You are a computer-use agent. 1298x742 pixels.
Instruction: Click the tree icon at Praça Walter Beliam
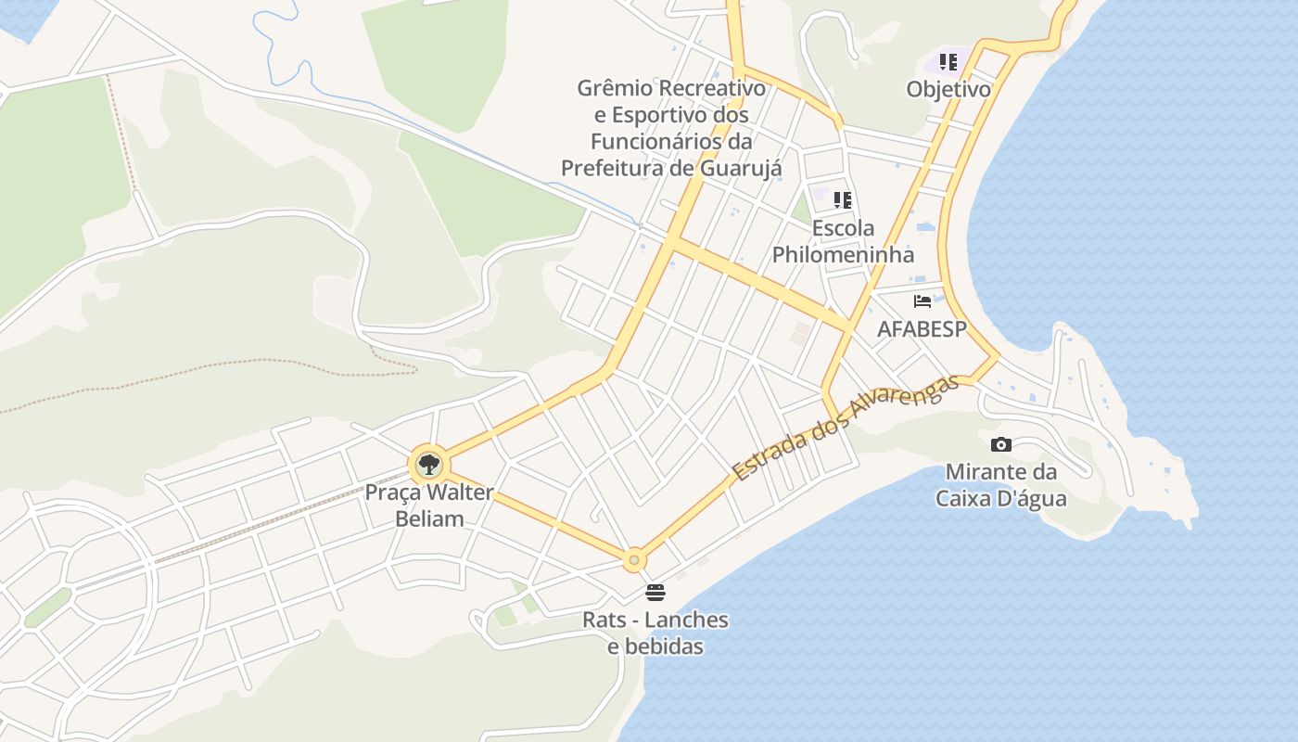428,464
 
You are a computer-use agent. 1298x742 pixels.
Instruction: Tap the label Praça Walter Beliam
429,505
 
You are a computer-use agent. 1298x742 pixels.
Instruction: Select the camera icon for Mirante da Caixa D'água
1000,444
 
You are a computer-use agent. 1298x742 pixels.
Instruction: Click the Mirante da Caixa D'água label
1000,485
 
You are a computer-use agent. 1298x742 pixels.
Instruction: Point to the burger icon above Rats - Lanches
655,592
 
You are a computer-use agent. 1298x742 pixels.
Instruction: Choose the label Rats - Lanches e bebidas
655,633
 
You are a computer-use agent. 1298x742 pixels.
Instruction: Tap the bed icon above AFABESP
923,301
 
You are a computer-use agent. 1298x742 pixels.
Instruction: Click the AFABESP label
922,329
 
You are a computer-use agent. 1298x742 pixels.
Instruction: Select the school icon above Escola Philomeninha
842,199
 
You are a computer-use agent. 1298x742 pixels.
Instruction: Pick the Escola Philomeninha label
843,241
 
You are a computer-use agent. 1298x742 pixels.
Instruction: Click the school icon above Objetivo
948,62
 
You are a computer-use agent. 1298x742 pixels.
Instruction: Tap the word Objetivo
948,90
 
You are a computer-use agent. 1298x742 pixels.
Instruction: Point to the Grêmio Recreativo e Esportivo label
671,128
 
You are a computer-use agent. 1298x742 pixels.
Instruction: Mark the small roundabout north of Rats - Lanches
634,559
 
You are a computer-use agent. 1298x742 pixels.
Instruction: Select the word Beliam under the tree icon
429,518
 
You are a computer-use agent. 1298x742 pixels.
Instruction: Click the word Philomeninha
843,254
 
